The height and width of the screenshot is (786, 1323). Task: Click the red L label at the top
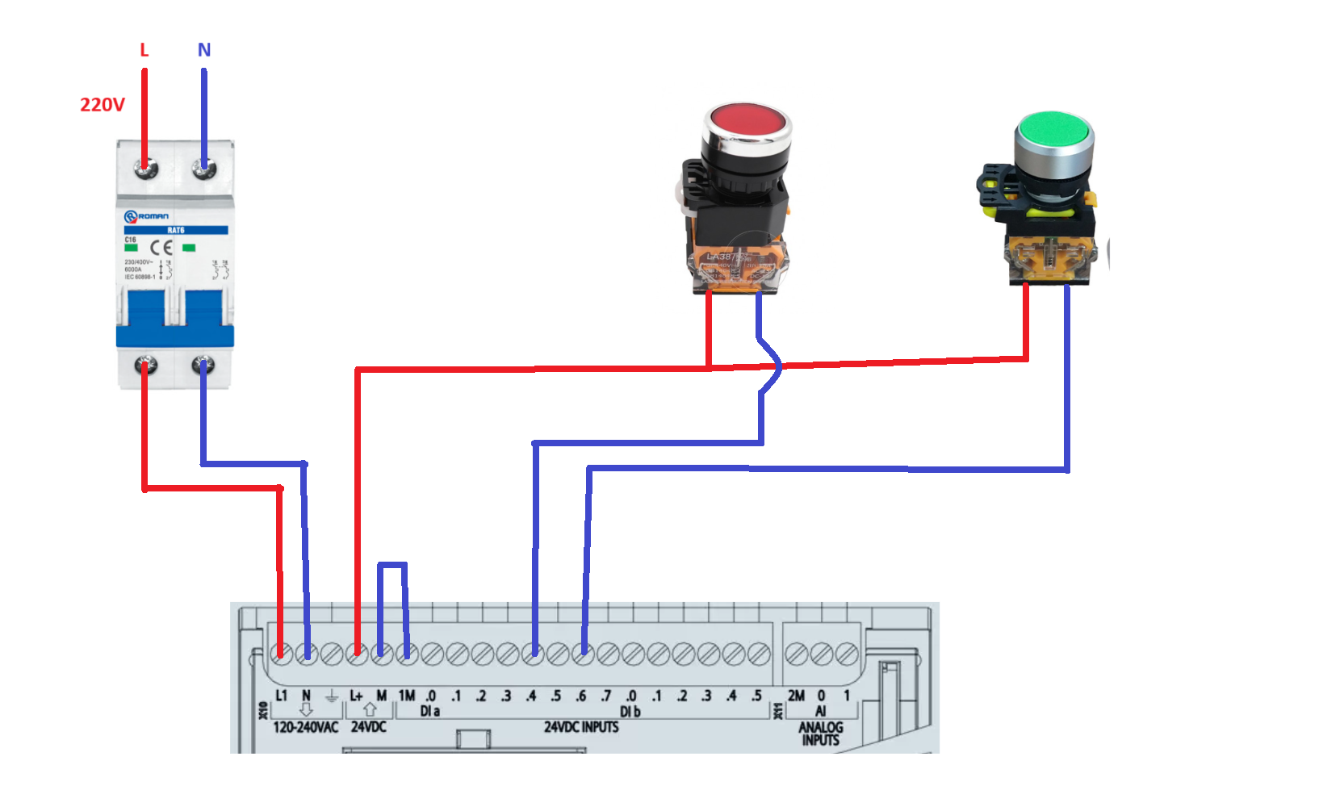[144, 50]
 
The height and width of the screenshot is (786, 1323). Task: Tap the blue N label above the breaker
[204, 50]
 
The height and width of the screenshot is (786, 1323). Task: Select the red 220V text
[103, 105]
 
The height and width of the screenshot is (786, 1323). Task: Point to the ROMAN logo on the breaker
[147, 216]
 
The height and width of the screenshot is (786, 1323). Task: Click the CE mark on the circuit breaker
[161, 248]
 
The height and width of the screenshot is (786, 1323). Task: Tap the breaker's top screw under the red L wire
[145, 169]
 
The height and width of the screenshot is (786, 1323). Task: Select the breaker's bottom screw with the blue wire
[203, 366]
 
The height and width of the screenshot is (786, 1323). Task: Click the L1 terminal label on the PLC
[281, 696]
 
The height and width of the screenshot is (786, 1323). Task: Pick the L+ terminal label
[356, 696]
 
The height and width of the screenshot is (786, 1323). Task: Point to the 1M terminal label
[407, 696]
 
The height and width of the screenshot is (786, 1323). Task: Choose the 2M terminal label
[796, 696]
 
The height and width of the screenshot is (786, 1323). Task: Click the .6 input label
[581, 696]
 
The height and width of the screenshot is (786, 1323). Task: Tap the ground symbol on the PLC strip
[331, 696]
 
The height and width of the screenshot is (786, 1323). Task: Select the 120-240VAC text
[305, 727]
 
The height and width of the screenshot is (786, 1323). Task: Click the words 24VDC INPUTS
[581, 727]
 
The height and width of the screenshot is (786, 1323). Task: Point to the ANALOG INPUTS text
[820, 734]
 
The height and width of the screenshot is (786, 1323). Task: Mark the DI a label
[429, 711]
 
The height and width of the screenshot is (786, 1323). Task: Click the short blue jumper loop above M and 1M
[392, 565]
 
